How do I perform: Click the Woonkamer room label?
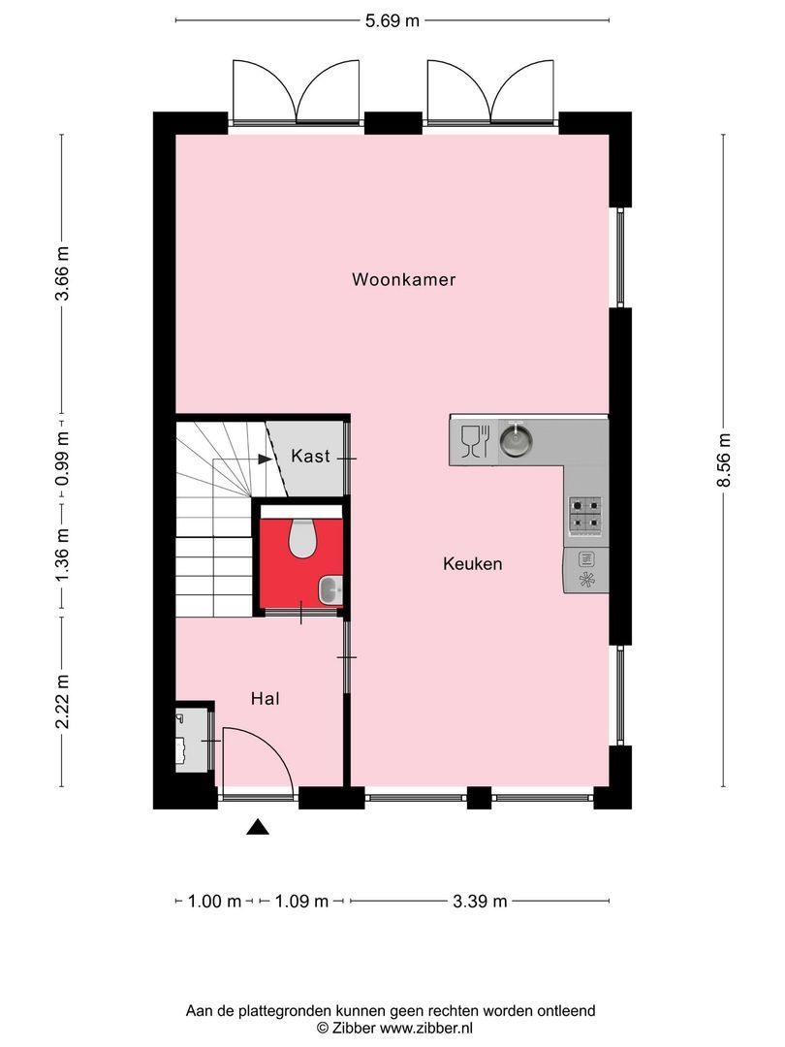click(403, 280)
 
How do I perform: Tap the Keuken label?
click(472, 563)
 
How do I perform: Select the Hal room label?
click(265, 698)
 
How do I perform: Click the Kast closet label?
click(310, 456)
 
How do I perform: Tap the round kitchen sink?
click(517, 441)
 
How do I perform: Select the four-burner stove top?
click(584, 517)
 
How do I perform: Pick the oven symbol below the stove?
click(585, 571)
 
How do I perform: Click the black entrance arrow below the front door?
click(257, 826)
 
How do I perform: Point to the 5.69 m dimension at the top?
click(392, 20)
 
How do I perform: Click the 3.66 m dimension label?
click(61, 274)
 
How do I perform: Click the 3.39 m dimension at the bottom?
click(480, 902)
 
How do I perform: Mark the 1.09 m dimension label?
click(301, 902)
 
